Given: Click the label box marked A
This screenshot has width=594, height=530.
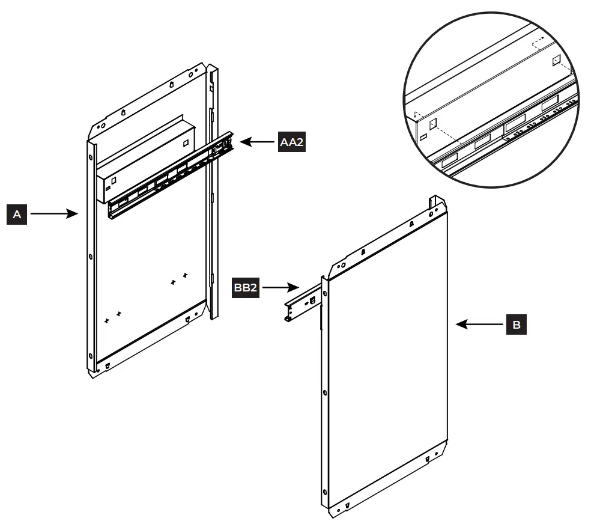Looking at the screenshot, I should point(17,213).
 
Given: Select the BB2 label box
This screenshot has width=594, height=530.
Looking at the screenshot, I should point(246,288).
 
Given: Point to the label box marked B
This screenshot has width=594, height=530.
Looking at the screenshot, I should point(517,325).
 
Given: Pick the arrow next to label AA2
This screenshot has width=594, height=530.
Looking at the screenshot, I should point(258,142).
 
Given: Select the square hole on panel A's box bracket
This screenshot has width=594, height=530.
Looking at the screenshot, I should point(186,143).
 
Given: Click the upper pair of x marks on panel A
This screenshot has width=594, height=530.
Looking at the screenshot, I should point(179,278).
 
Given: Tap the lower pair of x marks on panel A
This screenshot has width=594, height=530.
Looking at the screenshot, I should point(112,317).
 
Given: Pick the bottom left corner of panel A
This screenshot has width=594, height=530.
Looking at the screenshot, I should point(93,371).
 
